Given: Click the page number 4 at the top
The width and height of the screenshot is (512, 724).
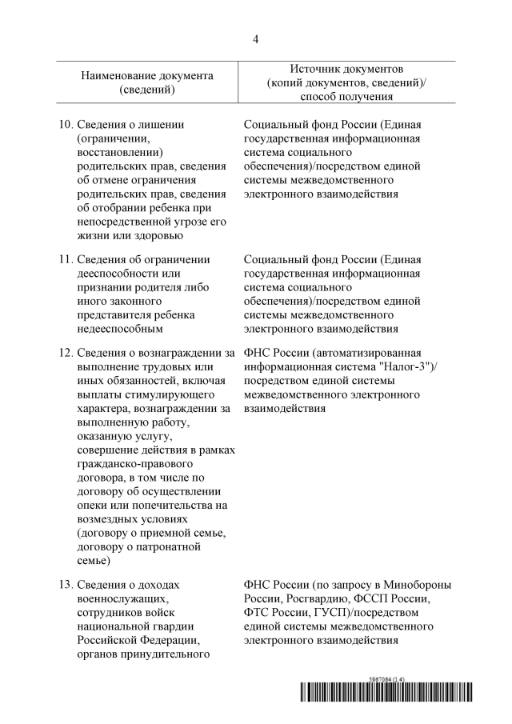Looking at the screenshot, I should coord(256,38).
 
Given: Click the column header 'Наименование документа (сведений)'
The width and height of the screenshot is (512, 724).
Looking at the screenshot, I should coord(147,82).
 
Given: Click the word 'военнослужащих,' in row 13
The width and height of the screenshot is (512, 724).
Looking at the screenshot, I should coord(121,598).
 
